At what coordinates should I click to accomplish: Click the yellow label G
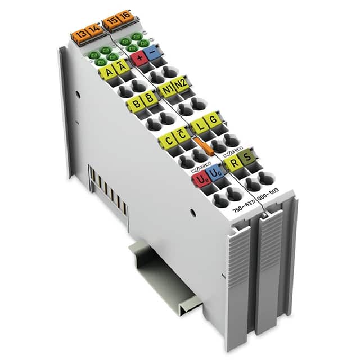(212, 119)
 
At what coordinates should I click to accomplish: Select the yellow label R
(231, 164)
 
